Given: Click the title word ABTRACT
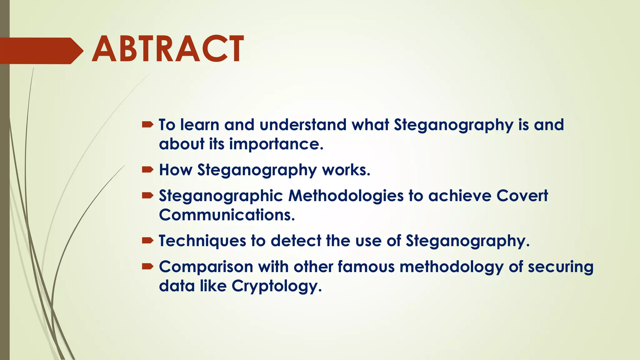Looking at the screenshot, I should [x=168, y=49].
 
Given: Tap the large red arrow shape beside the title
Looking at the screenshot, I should [x=41, y=51].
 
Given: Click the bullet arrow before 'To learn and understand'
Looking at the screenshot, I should [x=147, y=125].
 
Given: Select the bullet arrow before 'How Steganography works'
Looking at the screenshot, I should [x=147, y=170].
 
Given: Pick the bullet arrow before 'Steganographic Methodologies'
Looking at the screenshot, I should [x=147, y=196].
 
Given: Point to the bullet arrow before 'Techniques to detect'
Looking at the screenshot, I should [x=147, y=241].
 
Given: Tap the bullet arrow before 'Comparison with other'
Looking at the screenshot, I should [x=147, y=267].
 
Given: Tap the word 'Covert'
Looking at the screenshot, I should [x=522, y=196].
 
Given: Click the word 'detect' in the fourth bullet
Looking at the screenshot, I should [x=296, y=241].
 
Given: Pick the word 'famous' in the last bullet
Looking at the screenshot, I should [x=366, y=267].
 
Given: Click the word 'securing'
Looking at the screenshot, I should [x=560, y=267].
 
